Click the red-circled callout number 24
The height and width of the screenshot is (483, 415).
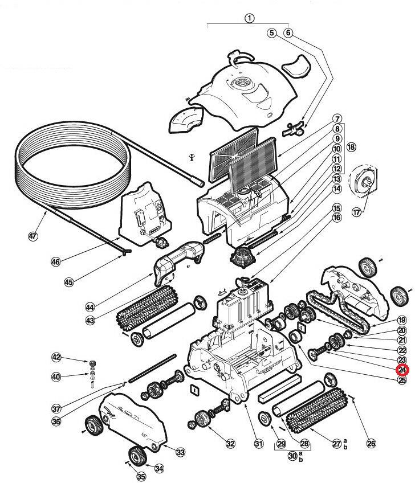tap(402, 370)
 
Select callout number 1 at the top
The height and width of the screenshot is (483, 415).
tap(249, 18)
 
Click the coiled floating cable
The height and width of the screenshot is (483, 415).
tap(63, 171)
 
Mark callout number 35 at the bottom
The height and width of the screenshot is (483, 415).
tap(141, 476)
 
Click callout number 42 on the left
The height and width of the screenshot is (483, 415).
tap(56, 357)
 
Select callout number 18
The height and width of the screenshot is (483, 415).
tap(351, 147)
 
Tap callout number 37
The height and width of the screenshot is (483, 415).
tap(56, 408)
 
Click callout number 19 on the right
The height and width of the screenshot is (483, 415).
tap(402, 320)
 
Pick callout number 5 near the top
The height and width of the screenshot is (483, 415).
tap(271, 33)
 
